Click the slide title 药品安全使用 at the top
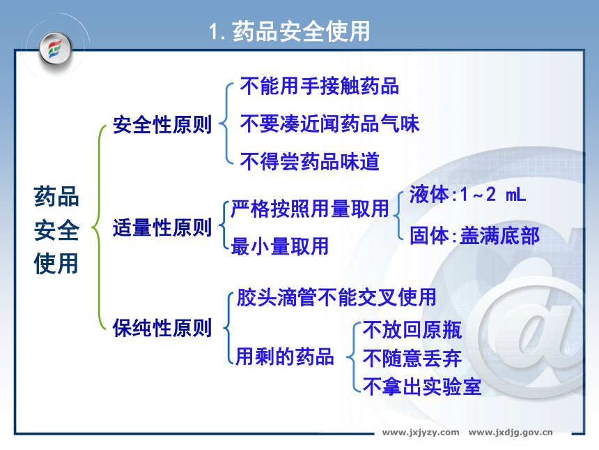click(290, 31)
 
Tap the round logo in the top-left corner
click(56, 49)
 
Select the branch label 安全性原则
click(162, 125)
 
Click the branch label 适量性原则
click(162, 227)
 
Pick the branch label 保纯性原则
click(162, 328)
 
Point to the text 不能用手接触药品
click(320, 86)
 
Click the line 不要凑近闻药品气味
click(329, 123)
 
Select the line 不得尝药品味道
click(310, 161)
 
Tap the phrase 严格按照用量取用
click(310, 209)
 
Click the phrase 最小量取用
click(280, 246)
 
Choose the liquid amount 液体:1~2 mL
click(467, 195)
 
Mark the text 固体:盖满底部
click(474, 235)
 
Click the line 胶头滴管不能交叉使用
click(336, 297)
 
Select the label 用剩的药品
click(285, 357)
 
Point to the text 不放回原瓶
click(412, 329)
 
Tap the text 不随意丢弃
click(412, 358)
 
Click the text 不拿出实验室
click(422, 387)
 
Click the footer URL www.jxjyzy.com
click(421, 433)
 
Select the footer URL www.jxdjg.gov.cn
click(511, 433)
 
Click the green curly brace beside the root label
click(99, 227)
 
